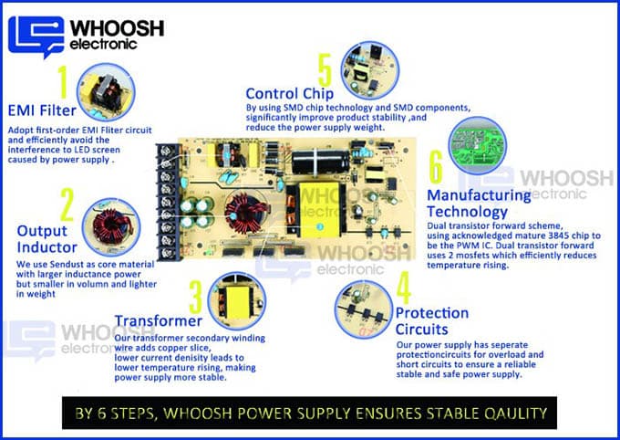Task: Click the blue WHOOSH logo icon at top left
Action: pos(36,37)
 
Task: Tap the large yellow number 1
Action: pos(63,82)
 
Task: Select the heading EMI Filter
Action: pos(42,110)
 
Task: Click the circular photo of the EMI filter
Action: pos(106,92)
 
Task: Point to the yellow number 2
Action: pos(67,204)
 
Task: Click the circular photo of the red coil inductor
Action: pos(111,227)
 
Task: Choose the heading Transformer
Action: pos(158,320)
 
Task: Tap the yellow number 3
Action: pos(196,297)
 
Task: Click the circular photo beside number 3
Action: pos(237,300)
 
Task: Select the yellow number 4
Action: pos(403,288)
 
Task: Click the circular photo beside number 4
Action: pos(364,309)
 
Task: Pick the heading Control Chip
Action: pos(289,94)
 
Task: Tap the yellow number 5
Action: pos(325,70)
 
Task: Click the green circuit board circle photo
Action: pos(477,145)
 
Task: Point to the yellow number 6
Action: pos(436,167)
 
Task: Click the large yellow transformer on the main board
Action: pos(319,209)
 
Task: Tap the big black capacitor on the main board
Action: pos(320,162)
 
